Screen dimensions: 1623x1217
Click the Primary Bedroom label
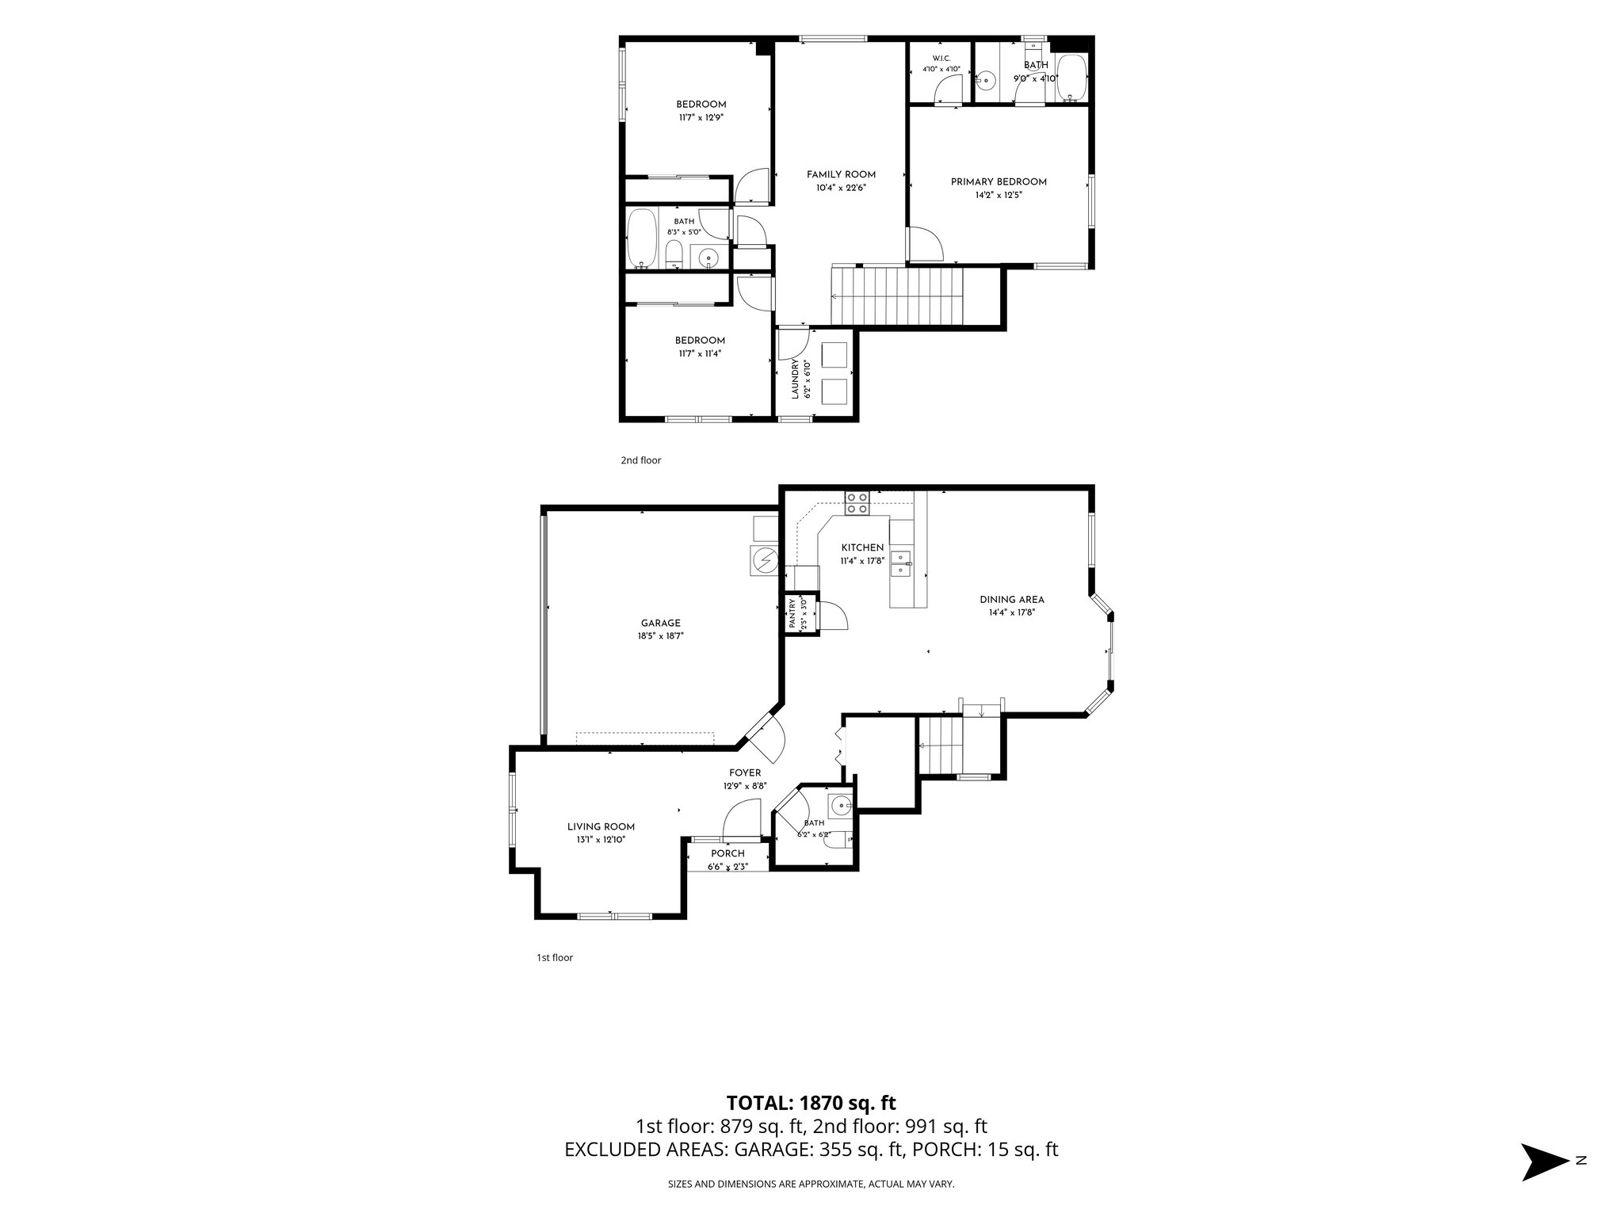click(x=999, y=181)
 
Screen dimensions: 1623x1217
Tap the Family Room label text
click(x=841, y=174)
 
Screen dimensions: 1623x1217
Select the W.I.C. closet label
click(x=941, y=59)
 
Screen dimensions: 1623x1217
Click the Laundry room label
click(x=795, y=378)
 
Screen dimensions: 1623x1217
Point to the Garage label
click(x=660, y=623)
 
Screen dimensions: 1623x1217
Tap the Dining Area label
click(x=1012, y=599)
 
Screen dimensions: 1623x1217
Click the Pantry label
click(x=792, y=615)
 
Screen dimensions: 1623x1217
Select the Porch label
click(x=727, y=853)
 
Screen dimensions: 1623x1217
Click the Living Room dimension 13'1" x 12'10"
click(x=601, y=840)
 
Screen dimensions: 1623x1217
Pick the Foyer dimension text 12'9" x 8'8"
click(x=745, y=786)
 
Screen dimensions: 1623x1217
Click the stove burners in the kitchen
click(x=857, y=503)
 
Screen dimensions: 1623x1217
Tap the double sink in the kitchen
click(x=903, y=563)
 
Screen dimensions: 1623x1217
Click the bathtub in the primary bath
click(x=1071, y=78)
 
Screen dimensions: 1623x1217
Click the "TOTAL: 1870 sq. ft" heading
click(x=811, y=1102)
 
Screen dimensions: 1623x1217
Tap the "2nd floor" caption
click(x=640, y=460)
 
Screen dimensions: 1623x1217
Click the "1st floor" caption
click(x=555, y=957)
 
